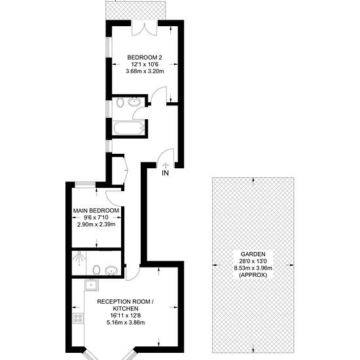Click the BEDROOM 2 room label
pyautogui.click(x=145, y=57)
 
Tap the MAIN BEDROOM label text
pyautogui.click(x=96, y=211)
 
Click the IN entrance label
pyautogui.click(x=166, y=173)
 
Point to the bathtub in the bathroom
pyautogui.click(x=129, y=128)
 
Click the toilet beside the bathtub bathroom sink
pyautogui.click(x=120, y=103)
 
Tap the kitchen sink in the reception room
pyautogui.click(x=91, y=285)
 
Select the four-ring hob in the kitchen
pyautogui.click(x=79, y=319)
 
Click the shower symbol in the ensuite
pyautogui.click(x=79, y=258)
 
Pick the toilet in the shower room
pyautogui.click(x=97, y=270)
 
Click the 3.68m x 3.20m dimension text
pyautogui.click(x=145, y=71)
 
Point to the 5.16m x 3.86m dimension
pyautogui.click(x=126, y=323)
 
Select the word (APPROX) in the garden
pyautogui.click(x=253, y=275)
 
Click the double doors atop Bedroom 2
pyautogui.click(x=145, y=28)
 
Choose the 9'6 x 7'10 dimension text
pyautogui.click(x=96, y=217)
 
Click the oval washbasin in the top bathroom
pyautogui.click(x=134, y=102)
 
